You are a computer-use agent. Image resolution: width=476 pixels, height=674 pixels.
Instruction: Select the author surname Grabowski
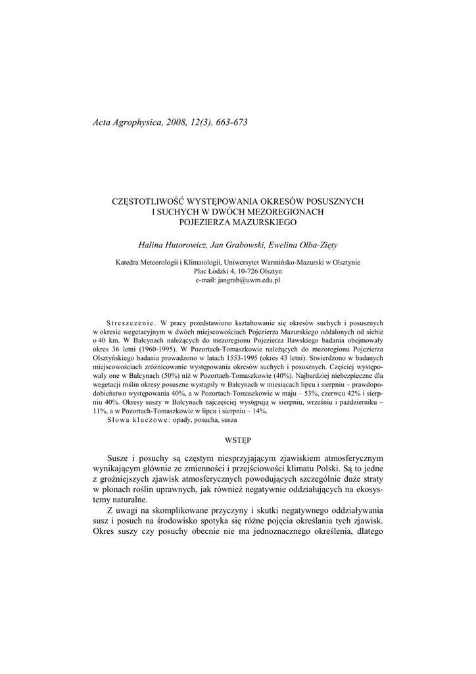click(243, 245)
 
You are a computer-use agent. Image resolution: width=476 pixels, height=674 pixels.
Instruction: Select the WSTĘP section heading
click(237, 438)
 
